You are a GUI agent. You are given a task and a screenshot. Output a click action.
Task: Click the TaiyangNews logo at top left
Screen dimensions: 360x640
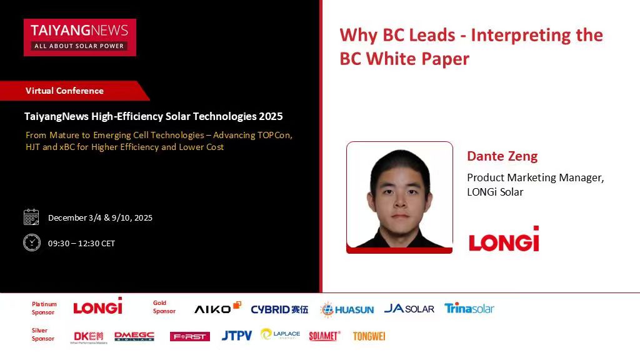pos(79,37)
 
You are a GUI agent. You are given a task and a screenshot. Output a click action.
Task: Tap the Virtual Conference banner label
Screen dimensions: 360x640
pos(64,91)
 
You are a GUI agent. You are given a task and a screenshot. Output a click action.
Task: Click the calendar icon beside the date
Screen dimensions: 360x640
pos(31,217)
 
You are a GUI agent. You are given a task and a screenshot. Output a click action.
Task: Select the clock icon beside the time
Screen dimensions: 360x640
pos(31,242)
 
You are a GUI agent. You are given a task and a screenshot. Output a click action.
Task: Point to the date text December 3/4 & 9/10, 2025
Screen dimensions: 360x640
pos(100,217)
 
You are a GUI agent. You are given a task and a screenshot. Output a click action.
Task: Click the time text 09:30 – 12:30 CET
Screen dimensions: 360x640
pos(81,243)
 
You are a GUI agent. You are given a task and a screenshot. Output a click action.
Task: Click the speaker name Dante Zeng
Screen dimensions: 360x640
pos(502,156)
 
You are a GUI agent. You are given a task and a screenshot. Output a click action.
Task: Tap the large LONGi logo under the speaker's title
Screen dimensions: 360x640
pos(504,239)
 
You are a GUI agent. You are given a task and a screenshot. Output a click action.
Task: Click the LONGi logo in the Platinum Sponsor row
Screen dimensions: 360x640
pos(97,306)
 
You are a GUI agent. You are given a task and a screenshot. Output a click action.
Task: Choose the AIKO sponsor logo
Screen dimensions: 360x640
pos(217,308)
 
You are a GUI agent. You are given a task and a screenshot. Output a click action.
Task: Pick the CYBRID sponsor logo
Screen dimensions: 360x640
pos(279,309)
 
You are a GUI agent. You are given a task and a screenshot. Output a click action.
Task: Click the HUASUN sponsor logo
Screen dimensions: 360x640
pos(347,309)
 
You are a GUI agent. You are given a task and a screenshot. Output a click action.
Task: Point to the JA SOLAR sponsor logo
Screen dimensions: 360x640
pos(409,308)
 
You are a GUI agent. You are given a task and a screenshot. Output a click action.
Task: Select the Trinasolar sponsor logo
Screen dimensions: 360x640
pos(469,308)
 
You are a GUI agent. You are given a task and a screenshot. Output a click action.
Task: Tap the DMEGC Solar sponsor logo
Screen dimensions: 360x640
pos(134,336)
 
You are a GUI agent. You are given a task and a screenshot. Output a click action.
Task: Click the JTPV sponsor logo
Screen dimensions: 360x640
pos(237,336)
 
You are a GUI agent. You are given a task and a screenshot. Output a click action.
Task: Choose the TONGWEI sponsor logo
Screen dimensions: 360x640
pos(369,336)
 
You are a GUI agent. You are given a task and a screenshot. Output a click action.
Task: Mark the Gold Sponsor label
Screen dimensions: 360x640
pos(164,307)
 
